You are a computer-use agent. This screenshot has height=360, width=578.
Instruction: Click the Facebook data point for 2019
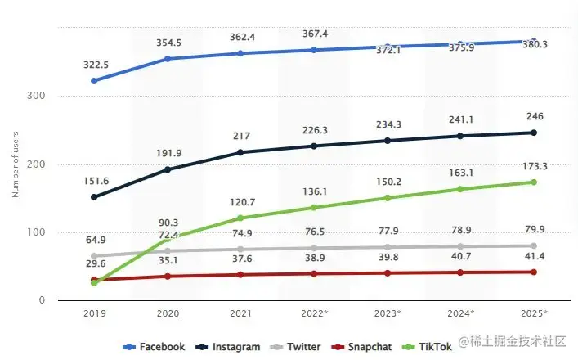(94, 81)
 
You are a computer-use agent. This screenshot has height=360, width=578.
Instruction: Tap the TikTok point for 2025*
(533, 182)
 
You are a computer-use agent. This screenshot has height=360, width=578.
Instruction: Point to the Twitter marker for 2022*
(313, 248)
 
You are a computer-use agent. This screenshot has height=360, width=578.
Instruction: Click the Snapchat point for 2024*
(459, 272)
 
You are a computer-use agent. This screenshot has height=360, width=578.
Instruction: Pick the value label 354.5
(167, 43)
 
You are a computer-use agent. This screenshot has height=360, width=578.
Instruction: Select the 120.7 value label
(240, 201)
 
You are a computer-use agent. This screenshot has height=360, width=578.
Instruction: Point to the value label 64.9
(94, 240)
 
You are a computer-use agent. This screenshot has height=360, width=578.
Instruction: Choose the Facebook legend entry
(155, 347)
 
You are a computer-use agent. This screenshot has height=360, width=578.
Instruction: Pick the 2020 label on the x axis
(167, 313)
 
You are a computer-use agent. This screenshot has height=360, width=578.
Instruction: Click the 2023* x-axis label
(387, 313)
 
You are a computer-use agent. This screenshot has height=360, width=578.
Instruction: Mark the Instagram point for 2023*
(387, 141)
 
